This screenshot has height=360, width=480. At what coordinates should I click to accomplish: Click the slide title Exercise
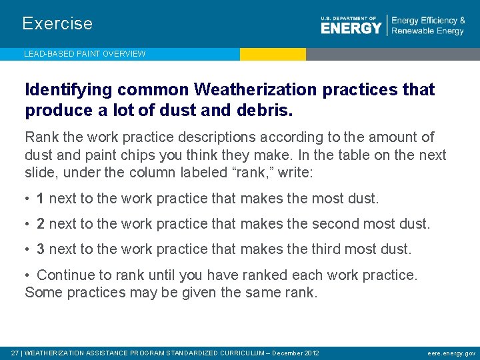[57, 23]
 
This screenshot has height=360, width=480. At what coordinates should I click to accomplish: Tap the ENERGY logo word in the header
[351, 27]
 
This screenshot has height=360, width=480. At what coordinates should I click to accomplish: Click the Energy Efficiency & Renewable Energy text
[428, 26]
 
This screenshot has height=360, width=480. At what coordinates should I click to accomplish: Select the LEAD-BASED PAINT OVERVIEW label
[85, 54]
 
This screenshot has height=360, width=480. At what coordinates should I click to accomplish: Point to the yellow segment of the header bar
[273, 54]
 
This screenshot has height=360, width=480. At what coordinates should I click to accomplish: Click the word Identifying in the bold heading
[62, 90]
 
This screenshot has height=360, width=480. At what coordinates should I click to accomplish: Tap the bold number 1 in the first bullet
[41, 198]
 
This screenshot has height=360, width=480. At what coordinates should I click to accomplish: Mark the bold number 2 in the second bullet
[41, 223]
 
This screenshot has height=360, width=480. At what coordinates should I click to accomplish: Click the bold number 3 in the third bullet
[41, 249]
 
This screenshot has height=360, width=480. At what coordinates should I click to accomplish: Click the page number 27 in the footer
[14, 353]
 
